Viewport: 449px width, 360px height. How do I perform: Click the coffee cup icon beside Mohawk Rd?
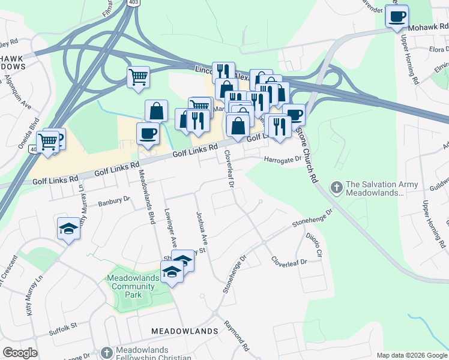[x=397, y=17]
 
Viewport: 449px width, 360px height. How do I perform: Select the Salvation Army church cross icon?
[x=336, y=188]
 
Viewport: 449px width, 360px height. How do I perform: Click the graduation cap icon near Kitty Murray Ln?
[x=69, y=229]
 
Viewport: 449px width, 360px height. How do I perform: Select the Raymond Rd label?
[x=237, y=339]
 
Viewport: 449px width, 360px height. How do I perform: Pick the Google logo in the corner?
[x=20, y=353]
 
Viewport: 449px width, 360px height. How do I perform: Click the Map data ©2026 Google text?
[x=411, y=355]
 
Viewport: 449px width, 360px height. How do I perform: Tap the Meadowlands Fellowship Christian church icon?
[x=106, y=352]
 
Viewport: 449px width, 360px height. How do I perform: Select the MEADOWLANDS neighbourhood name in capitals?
[x=184, y=331]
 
